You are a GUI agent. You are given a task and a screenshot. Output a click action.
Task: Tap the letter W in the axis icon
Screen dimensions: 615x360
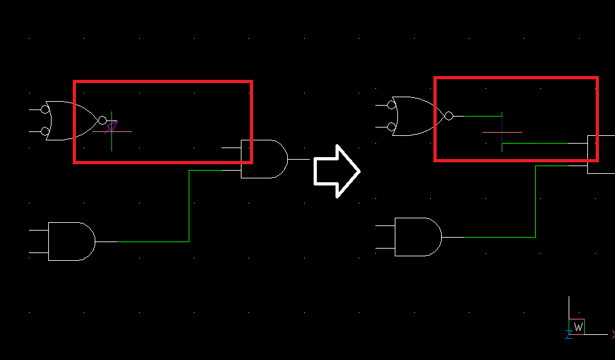click(x=578, y=327)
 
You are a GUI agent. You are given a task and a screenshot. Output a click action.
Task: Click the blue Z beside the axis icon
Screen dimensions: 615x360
click(x=569, y=334)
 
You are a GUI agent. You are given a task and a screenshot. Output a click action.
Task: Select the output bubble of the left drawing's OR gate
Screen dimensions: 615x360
click(x=102, y=120)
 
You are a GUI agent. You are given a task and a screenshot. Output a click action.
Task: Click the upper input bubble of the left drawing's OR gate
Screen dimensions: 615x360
click(x=45, y=109)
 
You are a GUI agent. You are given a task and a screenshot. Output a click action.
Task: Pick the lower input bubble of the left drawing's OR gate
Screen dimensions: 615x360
click(x=45, y=131)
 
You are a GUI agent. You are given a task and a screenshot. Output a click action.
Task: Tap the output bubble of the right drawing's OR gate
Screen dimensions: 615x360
click(x=449, y=116)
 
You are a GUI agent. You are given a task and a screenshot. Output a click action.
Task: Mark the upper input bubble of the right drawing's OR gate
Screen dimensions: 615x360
click(x=391, y=105)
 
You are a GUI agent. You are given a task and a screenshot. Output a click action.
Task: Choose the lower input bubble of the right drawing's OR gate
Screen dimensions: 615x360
click(x=391, y=127)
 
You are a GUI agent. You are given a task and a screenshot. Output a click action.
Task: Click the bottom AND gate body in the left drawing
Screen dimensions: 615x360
click(x=71, y=241)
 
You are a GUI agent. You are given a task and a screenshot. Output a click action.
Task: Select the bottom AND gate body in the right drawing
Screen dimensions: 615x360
click(x=418, y=237)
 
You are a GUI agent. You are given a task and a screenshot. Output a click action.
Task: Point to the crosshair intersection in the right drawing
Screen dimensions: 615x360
click(x=502, y=132)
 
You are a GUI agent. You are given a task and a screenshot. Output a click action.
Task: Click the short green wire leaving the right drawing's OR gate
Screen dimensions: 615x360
click(x=482, y=116)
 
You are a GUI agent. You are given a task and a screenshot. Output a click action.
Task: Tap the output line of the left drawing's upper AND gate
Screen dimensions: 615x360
click(x=299, y=159)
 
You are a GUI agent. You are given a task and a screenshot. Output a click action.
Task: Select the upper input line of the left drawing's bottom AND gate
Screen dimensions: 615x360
click(x=39, y=230)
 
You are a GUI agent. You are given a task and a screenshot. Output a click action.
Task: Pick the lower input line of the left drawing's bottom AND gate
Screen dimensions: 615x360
click(x=39, y=252)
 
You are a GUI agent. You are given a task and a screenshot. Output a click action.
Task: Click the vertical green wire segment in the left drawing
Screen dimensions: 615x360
click(x=189, y=206)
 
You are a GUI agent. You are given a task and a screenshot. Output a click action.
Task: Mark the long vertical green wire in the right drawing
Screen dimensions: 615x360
click(x=535, y=202)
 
